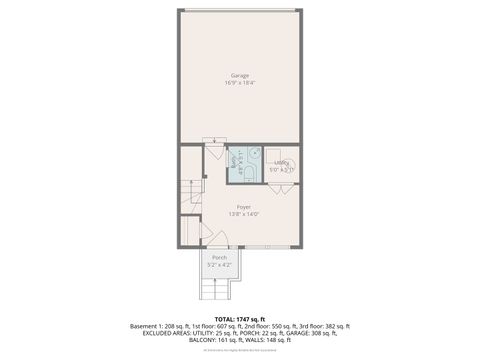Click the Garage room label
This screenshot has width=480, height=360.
click(x=240, y=76)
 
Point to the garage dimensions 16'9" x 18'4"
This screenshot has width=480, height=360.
click(x=240, y=83)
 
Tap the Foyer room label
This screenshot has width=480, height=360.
click(x=243, y=207)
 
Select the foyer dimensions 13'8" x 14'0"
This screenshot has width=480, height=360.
click(x=243, y=214)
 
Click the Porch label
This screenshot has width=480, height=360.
click(x=219, y=258)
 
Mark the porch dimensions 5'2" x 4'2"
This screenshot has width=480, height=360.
click(x=219, y=265)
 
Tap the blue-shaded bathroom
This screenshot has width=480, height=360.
click(x=244, y=165)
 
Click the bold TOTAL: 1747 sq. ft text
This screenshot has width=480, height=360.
click(x=240, y=318)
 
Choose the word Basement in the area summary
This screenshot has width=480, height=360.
click(x=147, y=326)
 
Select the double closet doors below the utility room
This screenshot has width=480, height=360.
click(x=282, y=187)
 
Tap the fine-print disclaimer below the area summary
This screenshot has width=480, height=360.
click(x=240, y=349)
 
